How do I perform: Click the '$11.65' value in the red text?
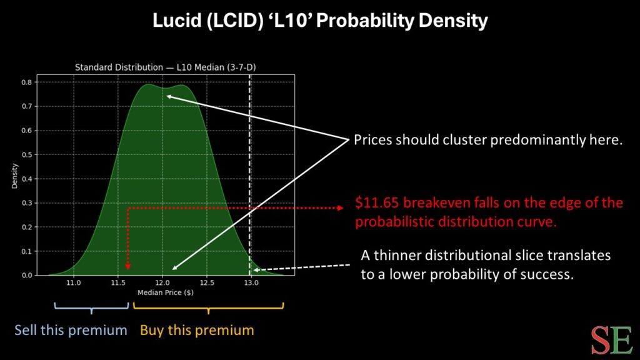click(375, 204)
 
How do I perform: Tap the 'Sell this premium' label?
click(71, 330)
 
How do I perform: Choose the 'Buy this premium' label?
click(197, 330)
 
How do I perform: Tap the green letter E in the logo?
click(622, 339)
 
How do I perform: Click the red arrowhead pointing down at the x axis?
click(128, 266)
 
